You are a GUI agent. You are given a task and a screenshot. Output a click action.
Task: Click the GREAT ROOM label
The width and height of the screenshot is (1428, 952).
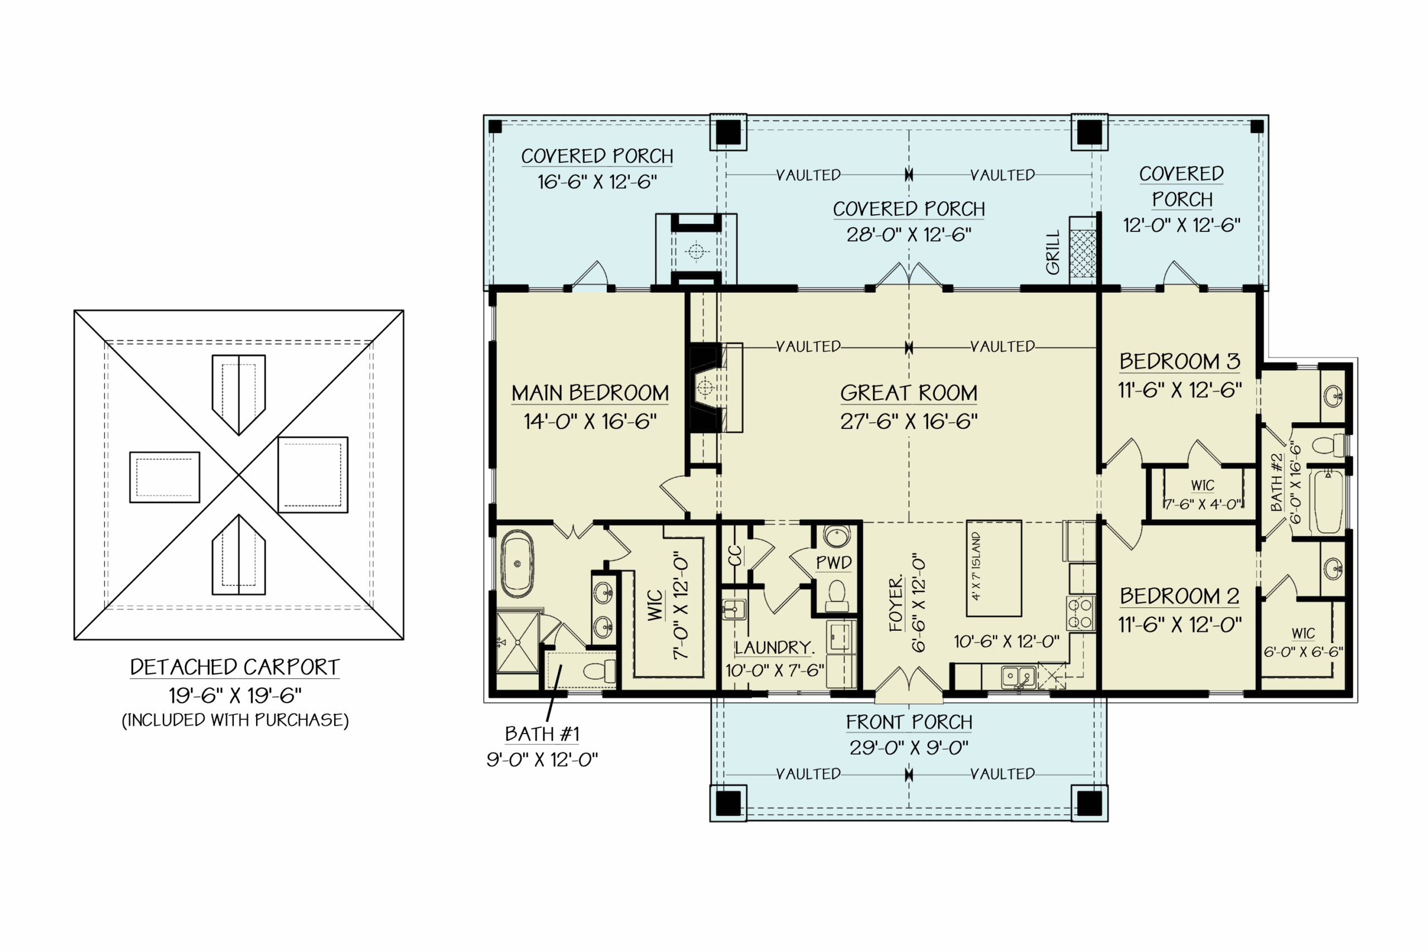908,393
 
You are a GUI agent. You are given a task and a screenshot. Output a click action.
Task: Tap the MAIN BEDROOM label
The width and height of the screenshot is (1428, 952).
590,393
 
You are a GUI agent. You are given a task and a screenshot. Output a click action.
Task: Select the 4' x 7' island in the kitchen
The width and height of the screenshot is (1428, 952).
993,568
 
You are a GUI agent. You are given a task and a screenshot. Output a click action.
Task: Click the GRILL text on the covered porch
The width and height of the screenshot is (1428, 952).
1052,252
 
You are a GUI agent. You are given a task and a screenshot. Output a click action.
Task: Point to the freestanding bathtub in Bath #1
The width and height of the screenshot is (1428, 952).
517,564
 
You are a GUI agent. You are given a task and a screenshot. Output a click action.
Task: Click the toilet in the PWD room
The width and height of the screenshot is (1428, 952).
837,596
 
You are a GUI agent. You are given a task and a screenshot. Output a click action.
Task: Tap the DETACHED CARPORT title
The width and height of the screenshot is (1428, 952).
234,667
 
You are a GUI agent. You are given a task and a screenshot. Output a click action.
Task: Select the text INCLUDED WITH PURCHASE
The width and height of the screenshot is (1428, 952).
235,720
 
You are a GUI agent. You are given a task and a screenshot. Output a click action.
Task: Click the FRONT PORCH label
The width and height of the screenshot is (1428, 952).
908,722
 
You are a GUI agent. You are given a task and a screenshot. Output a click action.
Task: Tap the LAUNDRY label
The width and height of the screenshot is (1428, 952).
773,648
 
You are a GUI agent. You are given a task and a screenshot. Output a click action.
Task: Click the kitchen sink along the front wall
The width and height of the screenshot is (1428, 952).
1018,676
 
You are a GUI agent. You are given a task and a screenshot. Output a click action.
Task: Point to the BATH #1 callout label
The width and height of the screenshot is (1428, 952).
542,734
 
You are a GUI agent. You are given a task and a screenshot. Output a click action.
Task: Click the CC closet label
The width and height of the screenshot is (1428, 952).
735,555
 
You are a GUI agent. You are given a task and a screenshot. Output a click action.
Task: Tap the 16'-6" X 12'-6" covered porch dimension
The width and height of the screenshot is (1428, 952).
596,182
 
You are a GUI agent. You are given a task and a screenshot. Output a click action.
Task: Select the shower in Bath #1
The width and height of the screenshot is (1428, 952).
517,642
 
